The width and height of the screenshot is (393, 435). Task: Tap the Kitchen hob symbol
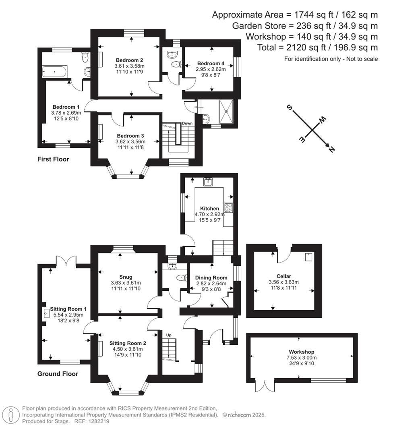pos(228,207)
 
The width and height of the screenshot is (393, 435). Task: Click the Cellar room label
pos(284,276)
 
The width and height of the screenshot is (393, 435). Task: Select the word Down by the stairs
pos(187,123)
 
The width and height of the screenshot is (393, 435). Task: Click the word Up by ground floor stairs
pos(170,334)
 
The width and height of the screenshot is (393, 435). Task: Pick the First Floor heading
pos(53,159)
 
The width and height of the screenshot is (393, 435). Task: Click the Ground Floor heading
pos(58,374)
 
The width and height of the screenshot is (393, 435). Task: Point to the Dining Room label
pos(211,278)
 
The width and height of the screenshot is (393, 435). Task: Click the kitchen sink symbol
pos(208,182)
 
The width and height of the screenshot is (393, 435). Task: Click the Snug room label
pos(120,277)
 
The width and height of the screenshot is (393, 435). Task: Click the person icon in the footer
pos(11,414)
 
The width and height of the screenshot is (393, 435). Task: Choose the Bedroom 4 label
pos(211,63)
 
